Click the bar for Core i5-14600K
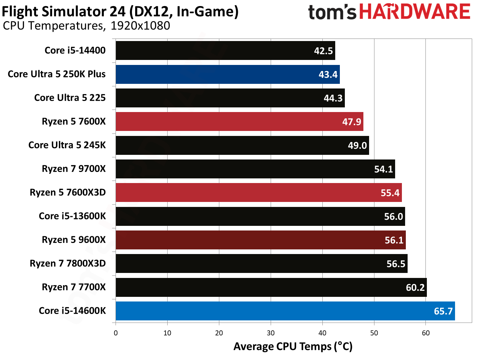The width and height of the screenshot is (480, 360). (x=285, y=311)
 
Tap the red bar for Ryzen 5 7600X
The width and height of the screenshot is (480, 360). (x=239, y=122)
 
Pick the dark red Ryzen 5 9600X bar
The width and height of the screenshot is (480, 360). (x=260, y=240)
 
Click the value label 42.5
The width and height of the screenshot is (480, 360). (x=323, y=51)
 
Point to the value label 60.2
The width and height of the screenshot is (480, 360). (x=415, y=288)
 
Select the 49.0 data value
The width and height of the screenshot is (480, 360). (x=357, y=146)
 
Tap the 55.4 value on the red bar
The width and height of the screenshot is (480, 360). (x=390, y=193)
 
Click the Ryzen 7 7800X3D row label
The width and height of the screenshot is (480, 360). (x=68, y=264)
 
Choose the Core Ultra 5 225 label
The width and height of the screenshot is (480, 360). (x=70, y=98)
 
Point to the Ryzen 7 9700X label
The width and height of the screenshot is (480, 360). (x=74, y=169)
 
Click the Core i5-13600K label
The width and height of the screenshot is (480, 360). (x=72, y=216)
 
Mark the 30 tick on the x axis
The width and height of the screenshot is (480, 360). (x=271, y=333)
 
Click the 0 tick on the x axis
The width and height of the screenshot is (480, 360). (x=116, y=333)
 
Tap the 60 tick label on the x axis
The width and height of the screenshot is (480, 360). (x=425, y=333)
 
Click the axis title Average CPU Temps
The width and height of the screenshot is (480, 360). (x=293, y=346)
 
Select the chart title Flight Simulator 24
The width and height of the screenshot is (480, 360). (x=120, y=11)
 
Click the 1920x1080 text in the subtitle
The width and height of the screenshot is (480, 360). (x=140, y=26)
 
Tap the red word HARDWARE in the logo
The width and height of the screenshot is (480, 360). (x=414, y=12)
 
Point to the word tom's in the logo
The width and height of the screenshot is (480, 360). (x=332, y=12)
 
